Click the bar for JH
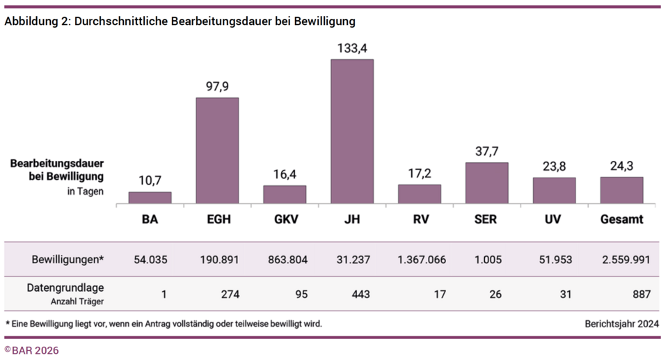(x=351, y=131)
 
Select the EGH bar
(x=217, y=150)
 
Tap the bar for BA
(x=150, y=197)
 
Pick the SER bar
(x=486, y=182)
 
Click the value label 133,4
(x=351, y=48)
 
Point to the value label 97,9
(x=217, y=86)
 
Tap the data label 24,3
(x=621, y=166)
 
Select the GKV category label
(x=285, y=220)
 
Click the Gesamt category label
(x=621, y=220)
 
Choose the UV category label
(x=554, y=220)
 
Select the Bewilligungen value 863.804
(x=285, y=260)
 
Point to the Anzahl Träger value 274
(x=230, y=295)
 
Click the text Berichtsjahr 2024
(x=622, y=324)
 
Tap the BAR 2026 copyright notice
(x=32, y=350)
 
